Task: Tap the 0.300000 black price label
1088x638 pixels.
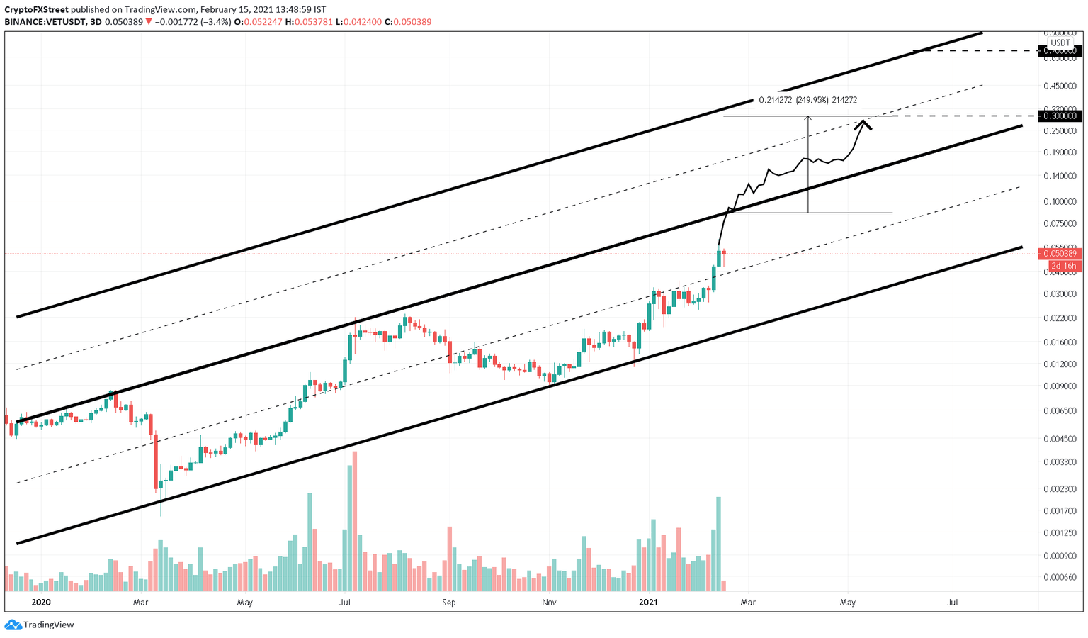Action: (1060, 116)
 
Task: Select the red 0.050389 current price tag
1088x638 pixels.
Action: (1060, 254)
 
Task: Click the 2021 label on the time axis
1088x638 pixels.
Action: (649, 603)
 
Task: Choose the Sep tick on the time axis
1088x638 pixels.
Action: (448, 603)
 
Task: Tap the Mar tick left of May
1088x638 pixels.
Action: (140, 603)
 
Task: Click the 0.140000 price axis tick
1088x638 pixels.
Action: (1060, 176)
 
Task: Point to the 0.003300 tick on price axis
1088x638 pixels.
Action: (1060, 462)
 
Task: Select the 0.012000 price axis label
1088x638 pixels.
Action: (1060, 364)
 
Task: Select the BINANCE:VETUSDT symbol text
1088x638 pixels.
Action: (44, 22)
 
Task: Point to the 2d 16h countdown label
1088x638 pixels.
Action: (1063, 266)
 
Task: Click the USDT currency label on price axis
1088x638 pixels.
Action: (1060, 43)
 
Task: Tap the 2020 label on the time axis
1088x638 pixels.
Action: (41, 603)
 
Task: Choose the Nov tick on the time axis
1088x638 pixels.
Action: (549, 603)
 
